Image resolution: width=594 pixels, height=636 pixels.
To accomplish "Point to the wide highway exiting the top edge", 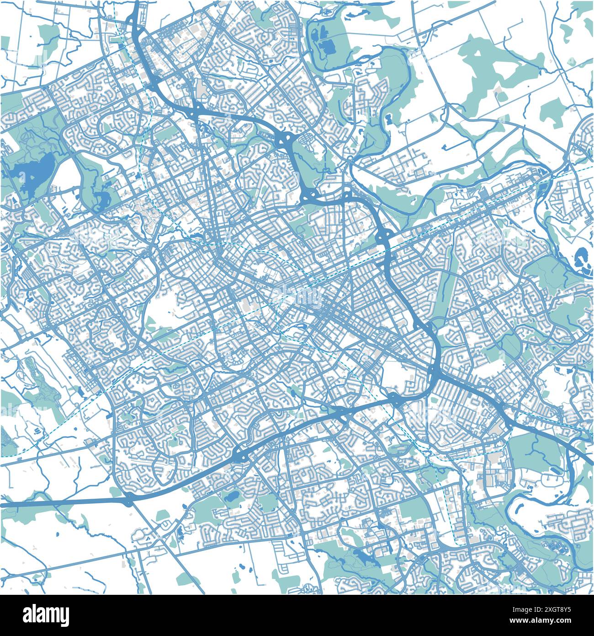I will pyautogui.click(x=137, y=7).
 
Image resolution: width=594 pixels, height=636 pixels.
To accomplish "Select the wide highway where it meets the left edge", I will pyautogui.click(x=4, y=504).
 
